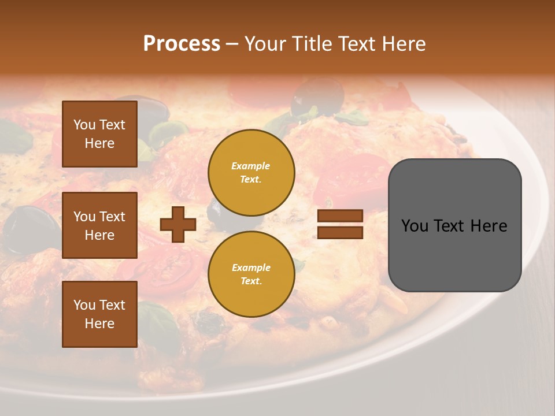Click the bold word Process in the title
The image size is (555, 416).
[182, 44]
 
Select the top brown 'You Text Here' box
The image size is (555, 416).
[99, 134]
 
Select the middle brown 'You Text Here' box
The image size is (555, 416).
[99, 225]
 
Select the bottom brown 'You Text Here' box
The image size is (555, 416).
[99, 314]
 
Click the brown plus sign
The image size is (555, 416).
[178, 224]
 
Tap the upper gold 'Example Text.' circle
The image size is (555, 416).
[251, 172]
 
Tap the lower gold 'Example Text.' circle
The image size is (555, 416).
[251, 274]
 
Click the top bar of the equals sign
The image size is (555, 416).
[340, 216]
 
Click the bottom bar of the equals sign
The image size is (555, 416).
[340, 232]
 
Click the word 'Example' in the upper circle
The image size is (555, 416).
[251, 166]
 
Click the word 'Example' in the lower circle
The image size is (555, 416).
[251, 268]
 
